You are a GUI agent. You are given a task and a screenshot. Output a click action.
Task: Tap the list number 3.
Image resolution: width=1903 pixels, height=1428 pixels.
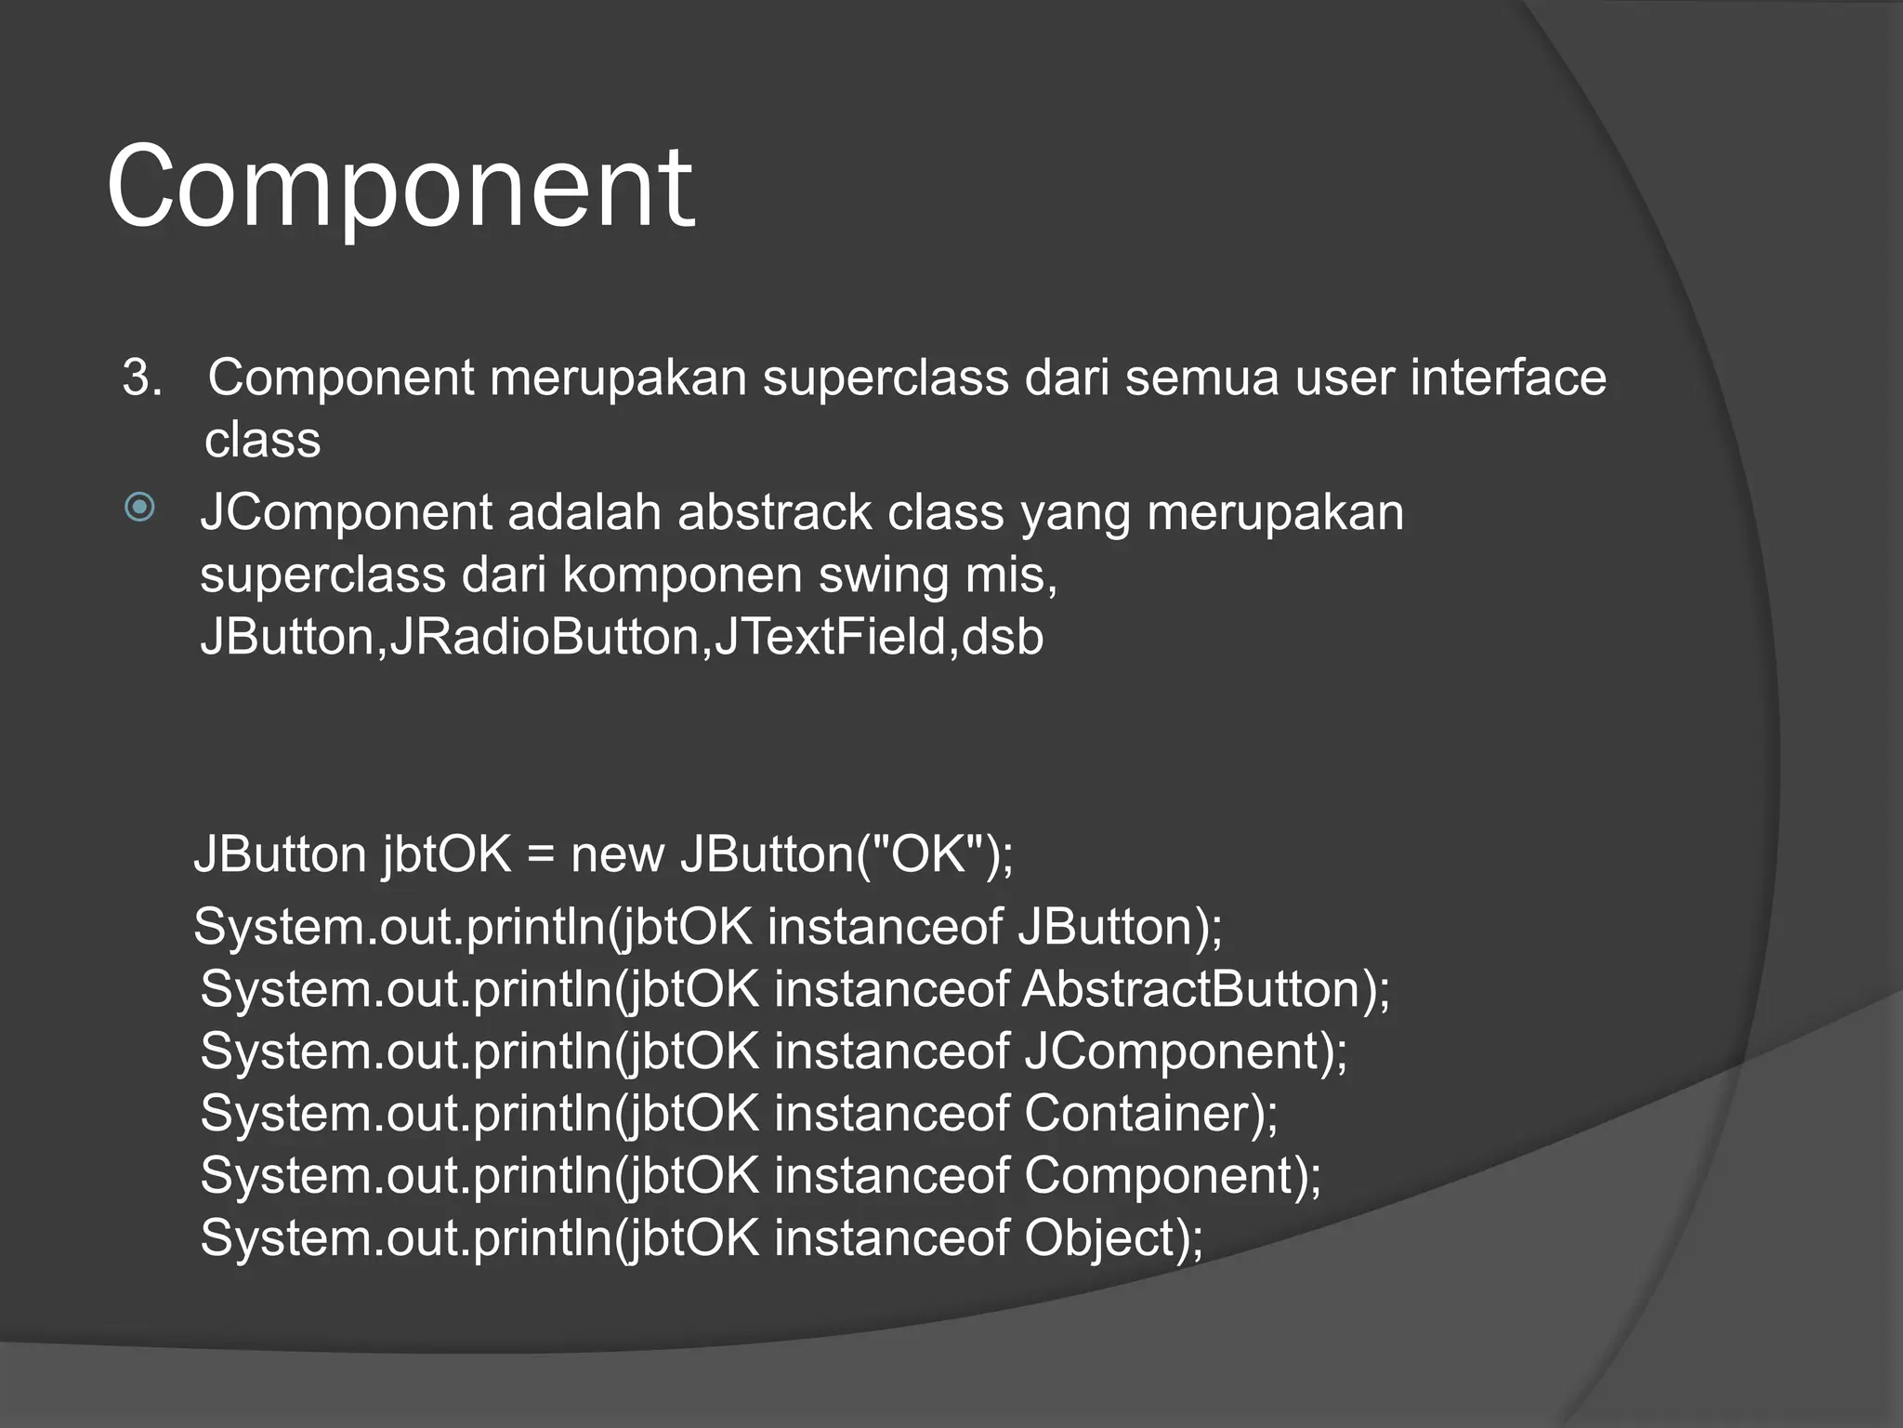tap(141, 378)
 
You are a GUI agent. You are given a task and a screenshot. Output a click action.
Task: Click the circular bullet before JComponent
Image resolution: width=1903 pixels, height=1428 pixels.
tap(139, 508)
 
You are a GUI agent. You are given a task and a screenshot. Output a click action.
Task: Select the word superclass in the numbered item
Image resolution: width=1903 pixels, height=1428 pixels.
tap(886, 378)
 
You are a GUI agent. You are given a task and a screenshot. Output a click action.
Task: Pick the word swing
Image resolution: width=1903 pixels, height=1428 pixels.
tap(883, 575)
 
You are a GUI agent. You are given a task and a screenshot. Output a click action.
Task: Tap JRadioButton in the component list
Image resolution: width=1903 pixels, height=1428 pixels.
tap(544, 637)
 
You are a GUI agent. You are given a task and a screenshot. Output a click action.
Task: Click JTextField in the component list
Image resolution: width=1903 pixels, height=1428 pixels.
tap(830, 637)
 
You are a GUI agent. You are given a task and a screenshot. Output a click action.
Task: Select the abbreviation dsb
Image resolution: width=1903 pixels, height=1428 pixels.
tap(1003, 637)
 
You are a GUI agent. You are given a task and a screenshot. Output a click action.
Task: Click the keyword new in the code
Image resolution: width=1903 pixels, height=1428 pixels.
tap(617, 853)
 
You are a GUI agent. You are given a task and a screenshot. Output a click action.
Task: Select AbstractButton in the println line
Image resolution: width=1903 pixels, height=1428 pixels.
tap(1191, 988)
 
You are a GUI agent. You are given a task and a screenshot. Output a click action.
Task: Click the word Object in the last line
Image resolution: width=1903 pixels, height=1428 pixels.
tap(1100, 1238)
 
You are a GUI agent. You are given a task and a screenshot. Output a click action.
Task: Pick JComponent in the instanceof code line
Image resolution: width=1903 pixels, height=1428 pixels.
tap(1173, 1051)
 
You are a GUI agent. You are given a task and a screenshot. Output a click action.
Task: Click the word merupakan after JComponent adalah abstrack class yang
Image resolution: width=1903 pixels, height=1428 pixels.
tap(1275, 512)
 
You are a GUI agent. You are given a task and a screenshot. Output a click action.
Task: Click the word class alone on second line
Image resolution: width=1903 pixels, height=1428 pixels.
tap(262, 440)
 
